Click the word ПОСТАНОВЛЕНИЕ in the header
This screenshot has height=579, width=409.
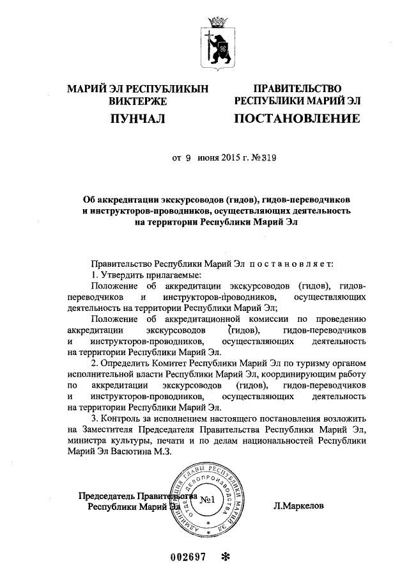(297, 118)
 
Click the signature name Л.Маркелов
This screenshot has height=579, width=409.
(298, 505)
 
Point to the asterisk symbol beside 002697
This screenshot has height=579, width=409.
(224, 557)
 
